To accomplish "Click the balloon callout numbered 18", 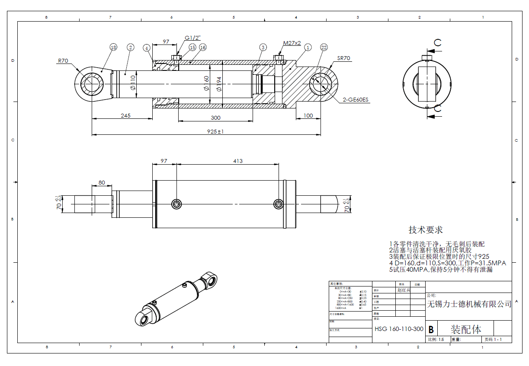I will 113,47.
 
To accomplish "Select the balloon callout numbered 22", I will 324,47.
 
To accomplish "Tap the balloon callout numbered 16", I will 202,47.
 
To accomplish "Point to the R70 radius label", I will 63,61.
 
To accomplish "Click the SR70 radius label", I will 344,58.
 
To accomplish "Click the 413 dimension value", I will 238,161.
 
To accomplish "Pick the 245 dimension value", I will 125,115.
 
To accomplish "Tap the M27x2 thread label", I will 292,43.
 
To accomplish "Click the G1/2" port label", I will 192,38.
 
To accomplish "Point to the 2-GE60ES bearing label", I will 356,100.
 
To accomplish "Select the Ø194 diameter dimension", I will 219,83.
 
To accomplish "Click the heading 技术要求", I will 426,229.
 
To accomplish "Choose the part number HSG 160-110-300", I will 399,329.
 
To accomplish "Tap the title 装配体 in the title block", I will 466,329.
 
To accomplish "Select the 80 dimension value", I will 102,182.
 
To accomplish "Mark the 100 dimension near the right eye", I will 308,115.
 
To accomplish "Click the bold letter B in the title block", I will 431,329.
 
